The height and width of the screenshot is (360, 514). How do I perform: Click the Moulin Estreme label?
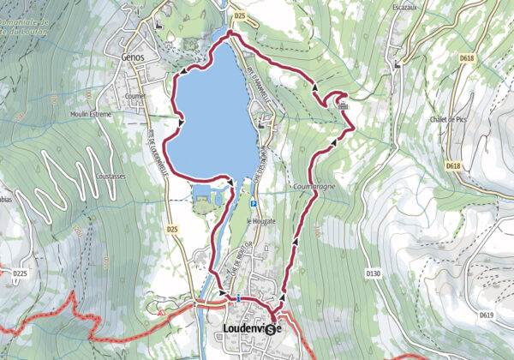click(x=92, y=113)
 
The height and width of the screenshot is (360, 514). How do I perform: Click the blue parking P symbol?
click(x=254, y=204)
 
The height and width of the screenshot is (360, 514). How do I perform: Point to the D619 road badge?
click(x=487, y=315)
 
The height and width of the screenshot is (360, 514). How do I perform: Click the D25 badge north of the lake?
click(x=240, y=15)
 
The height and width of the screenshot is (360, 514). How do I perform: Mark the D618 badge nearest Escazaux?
click(x=465, y=58)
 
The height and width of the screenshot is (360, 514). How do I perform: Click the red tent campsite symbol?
click(x=160, y=312)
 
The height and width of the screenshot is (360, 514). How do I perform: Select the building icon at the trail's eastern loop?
click(x=344, y=106)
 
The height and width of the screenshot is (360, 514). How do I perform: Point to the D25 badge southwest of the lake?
click(x=172, y=230)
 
